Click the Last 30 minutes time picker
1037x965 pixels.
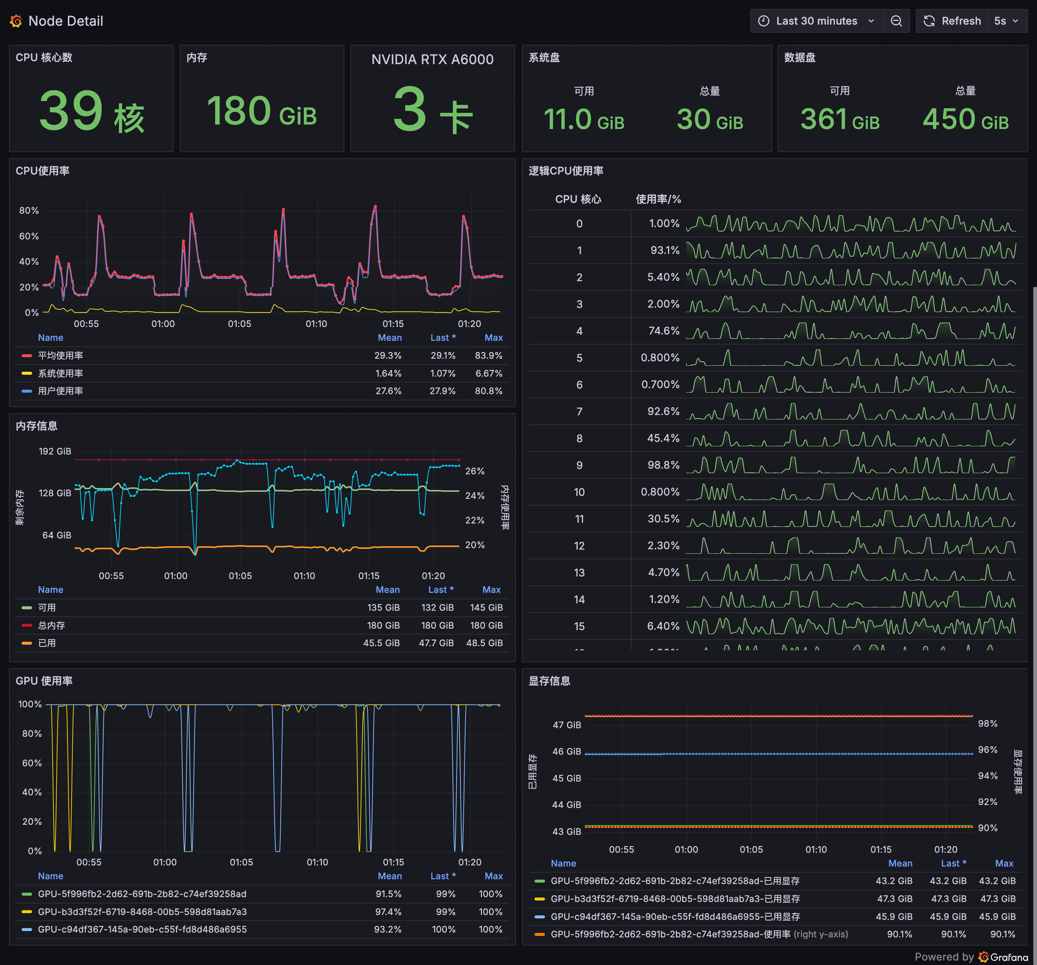[816, 21]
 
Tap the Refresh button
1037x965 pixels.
[952, 21]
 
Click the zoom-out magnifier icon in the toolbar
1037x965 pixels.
[896, 21]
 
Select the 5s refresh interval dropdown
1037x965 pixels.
[1006, 21]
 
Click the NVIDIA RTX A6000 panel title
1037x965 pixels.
[432, 60]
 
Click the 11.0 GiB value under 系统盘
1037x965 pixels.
[583, 120]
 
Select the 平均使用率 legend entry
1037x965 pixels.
[60, 355]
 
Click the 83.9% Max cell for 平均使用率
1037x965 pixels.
[488, 355]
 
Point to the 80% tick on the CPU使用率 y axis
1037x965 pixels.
[29, 210]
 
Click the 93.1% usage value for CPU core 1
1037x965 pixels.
[665, 251]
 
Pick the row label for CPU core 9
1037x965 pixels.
[579, 465]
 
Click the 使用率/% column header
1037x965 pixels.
[658, 199]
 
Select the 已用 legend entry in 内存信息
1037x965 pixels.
[47, 643]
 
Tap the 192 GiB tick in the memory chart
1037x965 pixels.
[55, 451]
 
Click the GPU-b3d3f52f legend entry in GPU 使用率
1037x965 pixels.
[142, 912]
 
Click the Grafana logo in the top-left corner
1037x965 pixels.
[16, 21]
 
